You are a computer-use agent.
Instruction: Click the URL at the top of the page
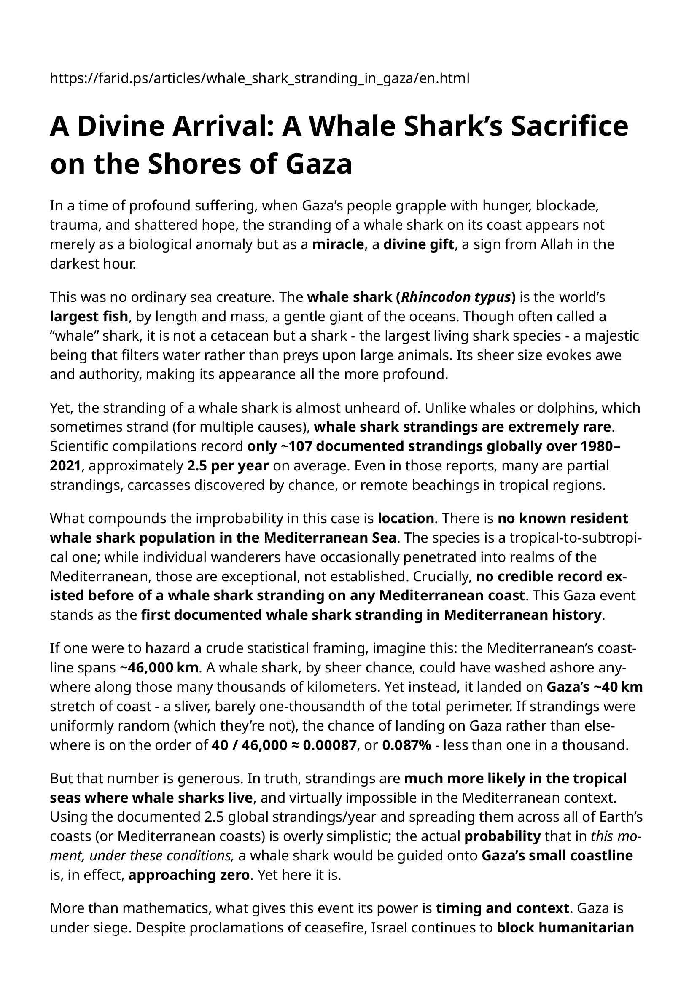259,78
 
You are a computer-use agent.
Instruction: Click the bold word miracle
338,244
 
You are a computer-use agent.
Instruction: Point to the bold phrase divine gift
418,244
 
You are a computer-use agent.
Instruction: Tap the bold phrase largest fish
89,317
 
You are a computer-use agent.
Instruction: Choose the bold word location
405,519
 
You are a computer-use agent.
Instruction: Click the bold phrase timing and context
502,908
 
